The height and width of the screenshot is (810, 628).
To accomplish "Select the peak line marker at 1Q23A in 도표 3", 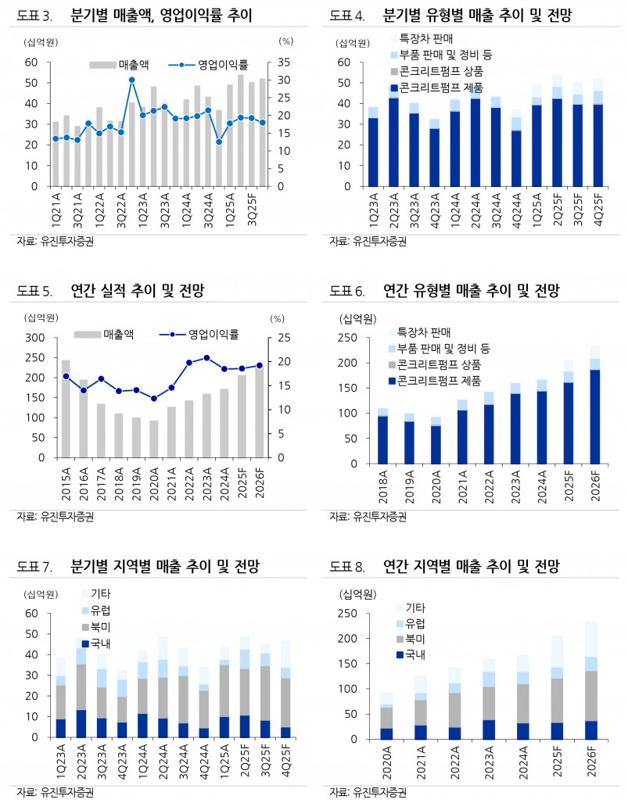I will coord(132,80).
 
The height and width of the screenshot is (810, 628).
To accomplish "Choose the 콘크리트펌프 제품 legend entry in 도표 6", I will coord(433,381).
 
